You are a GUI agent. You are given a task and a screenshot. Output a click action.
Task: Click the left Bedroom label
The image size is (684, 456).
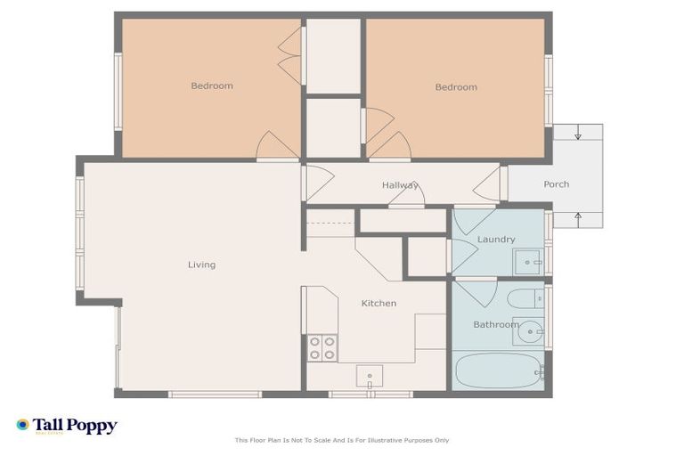click(x=212, y=86)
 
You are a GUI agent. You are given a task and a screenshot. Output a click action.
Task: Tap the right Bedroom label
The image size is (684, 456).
click(x=456, y=87)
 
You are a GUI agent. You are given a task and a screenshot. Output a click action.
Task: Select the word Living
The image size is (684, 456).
click(x=201, y=265)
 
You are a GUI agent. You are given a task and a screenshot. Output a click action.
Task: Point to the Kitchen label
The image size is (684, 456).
click(x=379, y=304)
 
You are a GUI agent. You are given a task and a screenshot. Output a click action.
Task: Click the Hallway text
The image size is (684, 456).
click(x=400, y=185)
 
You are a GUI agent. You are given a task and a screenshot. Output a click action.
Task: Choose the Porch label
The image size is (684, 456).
click(x=556, y=184)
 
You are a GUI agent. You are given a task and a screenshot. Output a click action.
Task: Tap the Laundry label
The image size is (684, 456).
click(x=496, y=240)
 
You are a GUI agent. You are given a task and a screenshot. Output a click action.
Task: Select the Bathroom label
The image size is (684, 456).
click(x=495, y=325)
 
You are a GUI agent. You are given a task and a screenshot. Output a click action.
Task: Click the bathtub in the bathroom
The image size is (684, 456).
click(x=498, y=371)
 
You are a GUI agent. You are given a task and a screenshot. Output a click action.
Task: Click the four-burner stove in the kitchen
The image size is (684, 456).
click(x=322, y=347)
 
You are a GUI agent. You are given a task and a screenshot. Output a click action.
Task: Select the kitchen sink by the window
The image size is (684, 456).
click(x=370, y=376)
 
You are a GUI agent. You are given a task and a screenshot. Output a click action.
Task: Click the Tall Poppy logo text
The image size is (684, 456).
click(x=75, y=426)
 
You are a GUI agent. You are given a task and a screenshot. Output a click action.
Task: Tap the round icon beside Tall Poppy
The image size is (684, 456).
click(x=22, y=425)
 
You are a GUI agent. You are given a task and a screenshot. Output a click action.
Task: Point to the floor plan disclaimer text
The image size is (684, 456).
click(x=342, y=440)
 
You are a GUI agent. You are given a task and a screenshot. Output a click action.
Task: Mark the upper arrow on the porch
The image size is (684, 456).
click(x=578, y=134)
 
